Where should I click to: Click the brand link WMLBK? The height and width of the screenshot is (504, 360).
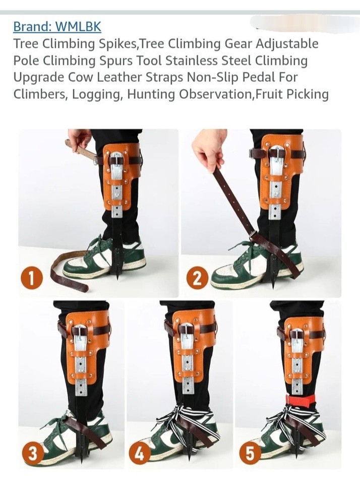pyautogui.click(x=57, y=26)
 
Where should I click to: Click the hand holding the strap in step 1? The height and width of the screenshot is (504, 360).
pyautogui.click(x=79, y=139)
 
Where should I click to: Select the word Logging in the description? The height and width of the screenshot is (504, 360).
pyautogui.click(x=94, y=94)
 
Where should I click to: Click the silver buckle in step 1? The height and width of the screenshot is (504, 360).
pyautogui.click(x=117, y=160)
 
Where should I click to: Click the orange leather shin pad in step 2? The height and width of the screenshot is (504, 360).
pyautogui.click(x=282, y=171)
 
